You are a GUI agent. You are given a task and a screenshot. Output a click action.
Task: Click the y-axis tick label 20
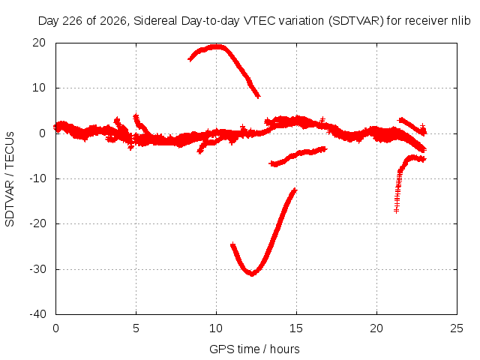(39, 43)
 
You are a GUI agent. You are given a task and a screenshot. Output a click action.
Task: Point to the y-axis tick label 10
(39, 88)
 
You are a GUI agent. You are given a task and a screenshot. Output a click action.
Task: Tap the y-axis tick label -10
(37, 178)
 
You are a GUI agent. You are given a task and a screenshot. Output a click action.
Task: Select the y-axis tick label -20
(37, 223)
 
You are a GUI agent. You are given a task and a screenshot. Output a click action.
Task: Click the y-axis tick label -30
(37, 269)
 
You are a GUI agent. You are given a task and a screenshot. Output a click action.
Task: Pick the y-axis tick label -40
(37, 314)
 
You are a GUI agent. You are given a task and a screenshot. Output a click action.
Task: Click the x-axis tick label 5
(136, 328)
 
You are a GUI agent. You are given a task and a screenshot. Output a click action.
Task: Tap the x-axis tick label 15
(296, 328)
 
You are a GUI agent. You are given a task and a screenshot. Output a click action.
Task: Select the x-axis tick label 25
(457, 328)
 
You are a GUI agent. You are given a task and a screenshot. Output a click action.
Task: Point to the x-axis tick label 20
(376, 328)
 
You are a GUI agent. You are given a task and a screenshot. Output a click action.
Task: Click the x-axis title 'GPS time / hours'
(254, 349)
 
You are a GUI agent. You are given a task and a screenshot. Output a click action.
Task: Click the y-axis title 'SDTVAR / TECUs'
(10, 179)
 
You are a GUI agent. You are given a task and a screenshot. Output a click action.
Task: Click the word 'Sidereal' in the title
(156, 21)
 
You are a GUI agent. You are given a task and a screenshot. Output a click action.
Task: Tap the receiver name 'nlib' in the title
(461, 21)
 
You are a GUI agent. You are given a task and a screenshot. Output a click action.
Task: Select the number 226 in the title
(72, 21)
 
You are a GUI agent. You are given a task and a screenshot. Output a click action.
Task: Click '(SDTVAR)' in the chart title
(356, 21)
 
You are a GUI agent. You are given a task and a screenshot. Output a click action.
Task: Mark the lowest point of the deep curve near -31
(252, 274)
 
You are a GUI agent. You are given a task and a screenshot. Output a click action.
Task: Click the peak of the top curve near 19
(217, 46)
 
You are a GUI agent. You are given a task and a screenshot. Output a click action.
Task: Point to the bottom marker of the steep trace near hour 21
(397, 211)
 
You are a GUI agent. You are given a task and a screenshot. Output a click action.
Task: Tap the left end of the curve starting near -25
(233, 245)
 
